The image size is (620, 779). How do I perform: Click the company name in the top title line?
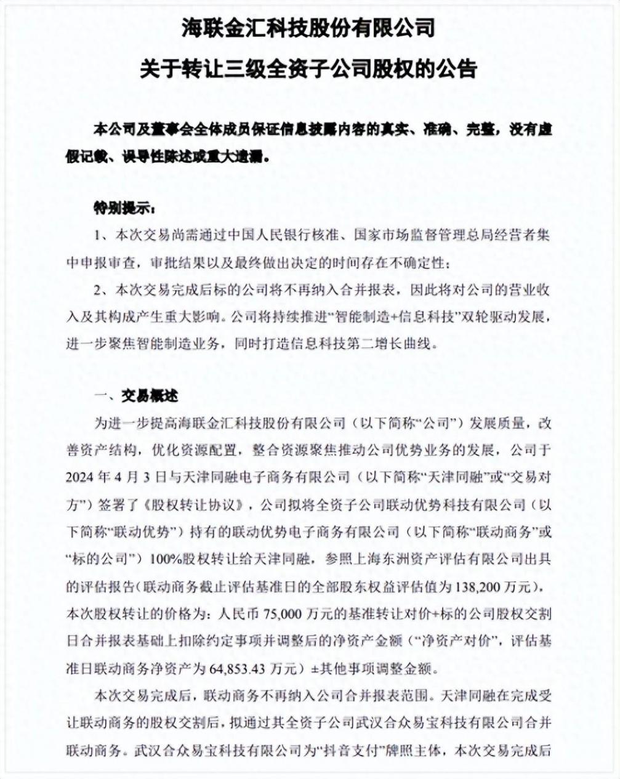point(308,28)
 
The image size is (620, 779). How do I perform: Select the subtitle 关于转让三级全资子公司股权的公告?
point(308,68)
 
